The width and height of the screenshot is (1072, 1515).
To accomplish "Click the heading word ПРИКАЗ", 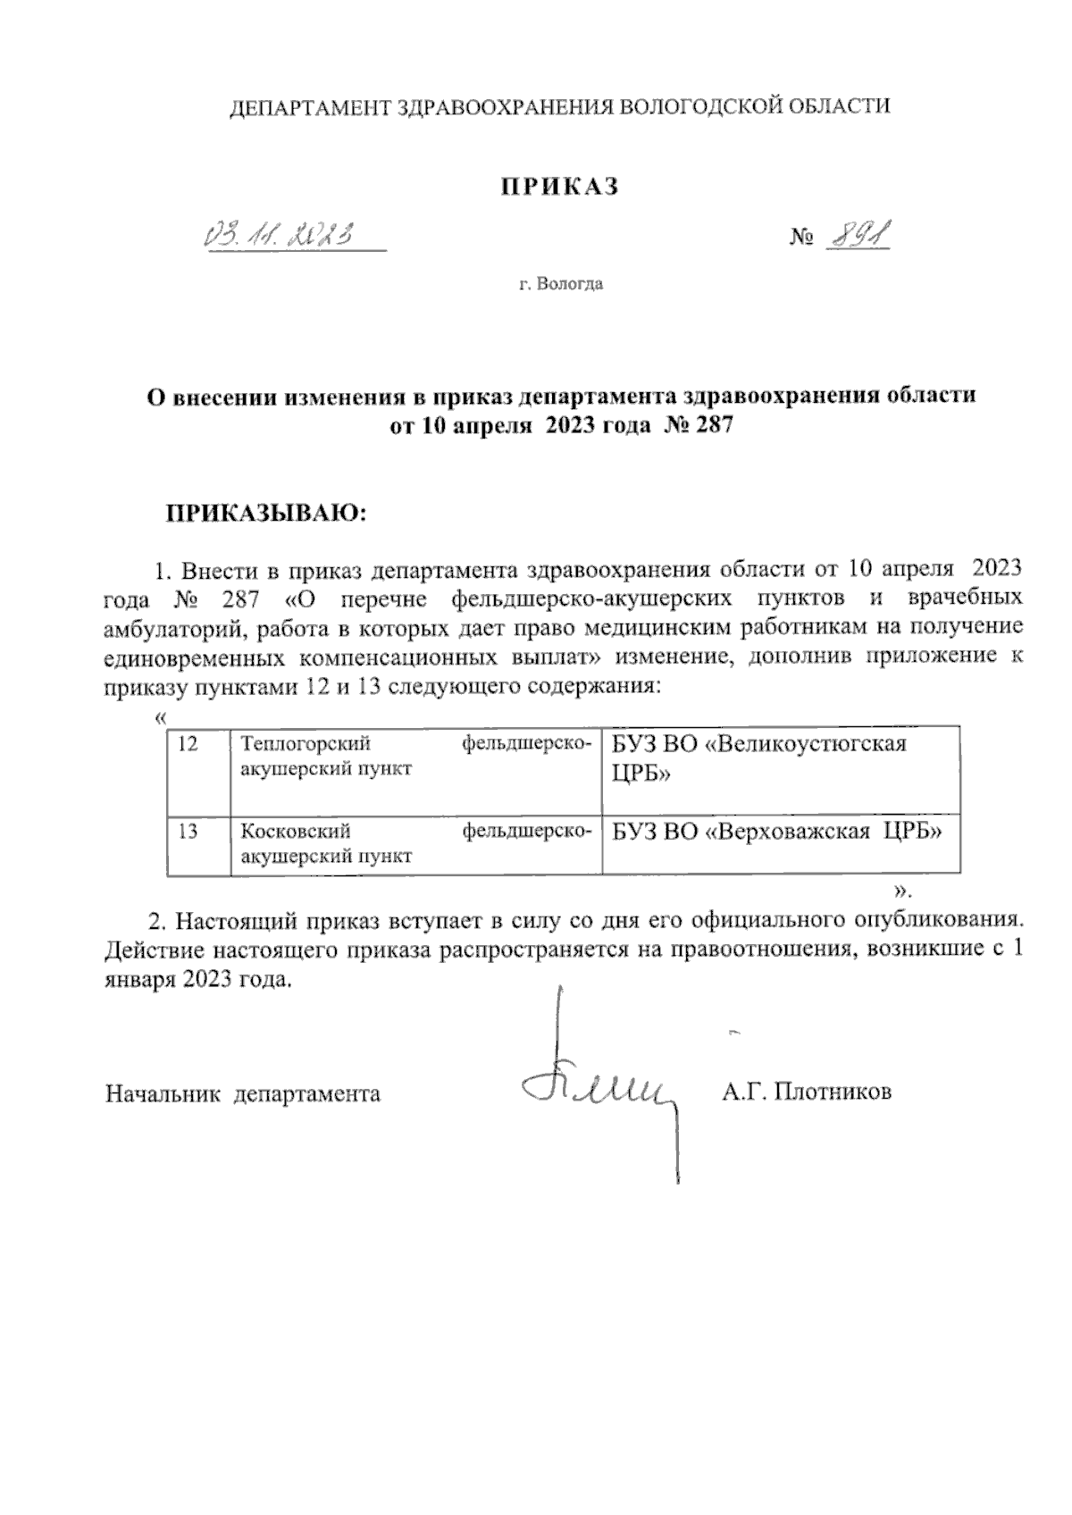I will [558, 186].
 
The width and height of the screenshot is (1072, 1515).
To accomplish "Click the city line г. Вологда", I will [560, 285].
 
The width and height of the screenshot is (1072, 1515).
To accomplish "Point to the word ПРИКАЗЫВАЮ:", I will [264, 515].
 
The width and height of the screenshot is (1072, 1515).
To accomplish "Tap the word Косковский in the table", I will [296, 832].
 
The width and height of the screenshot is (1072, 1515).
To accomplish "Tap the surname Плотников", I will [832, 1092].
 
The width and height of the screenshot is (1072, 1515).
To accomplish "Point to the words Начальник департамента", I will [243, 1092].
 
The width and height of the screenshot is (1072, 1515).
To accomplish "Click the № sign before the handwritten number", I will [801, 238].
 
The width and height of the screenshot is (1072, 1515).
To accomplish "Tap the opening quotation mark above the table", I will [160, 719].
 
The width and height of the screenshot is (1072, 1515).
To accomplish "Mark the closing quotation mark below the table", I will [900, 891].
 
